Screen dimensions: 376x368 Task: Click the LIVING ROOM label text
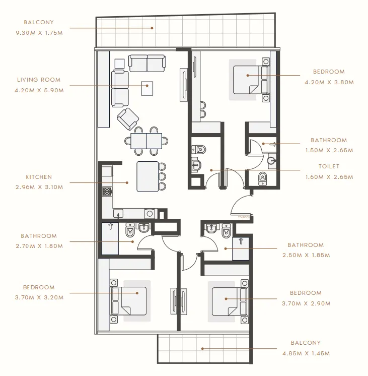tap(39, 80)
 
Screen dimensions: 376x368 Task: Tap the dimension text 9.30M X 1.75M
tap(39, 33)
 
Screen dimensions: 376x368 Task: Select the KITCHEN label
tap(39, 177)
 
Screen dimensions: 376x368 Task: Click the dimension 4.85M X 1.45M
tap(306, 353)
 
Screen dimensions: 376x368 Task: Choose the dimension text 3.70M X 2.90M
tap(306, 303)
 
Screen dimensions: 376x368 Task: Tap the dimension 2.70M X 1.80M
tap(39, 246)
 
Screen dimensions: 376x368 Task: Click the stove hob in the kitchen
tap(107, 191)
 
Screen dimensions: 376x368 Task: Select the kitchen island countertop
tap(147, 176)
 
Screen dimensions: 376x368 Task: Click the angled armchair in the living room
tap(128, 118)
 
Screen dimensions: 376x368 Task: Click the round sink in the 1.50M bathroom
tap(272, 161)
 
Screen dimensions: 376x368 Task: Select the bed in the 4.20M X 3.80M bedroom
tap(249, 79)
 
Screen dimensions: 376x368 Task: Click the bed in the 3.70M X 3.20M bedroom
tap(132, 300)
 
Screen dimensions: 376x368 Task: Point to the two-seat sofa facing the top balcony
tap(146, 63)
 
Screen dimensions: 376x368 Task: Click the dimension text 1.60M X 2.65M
tap(329, 177)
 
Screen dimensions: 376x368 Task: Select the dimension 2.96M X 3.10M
tap(39, 187)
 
